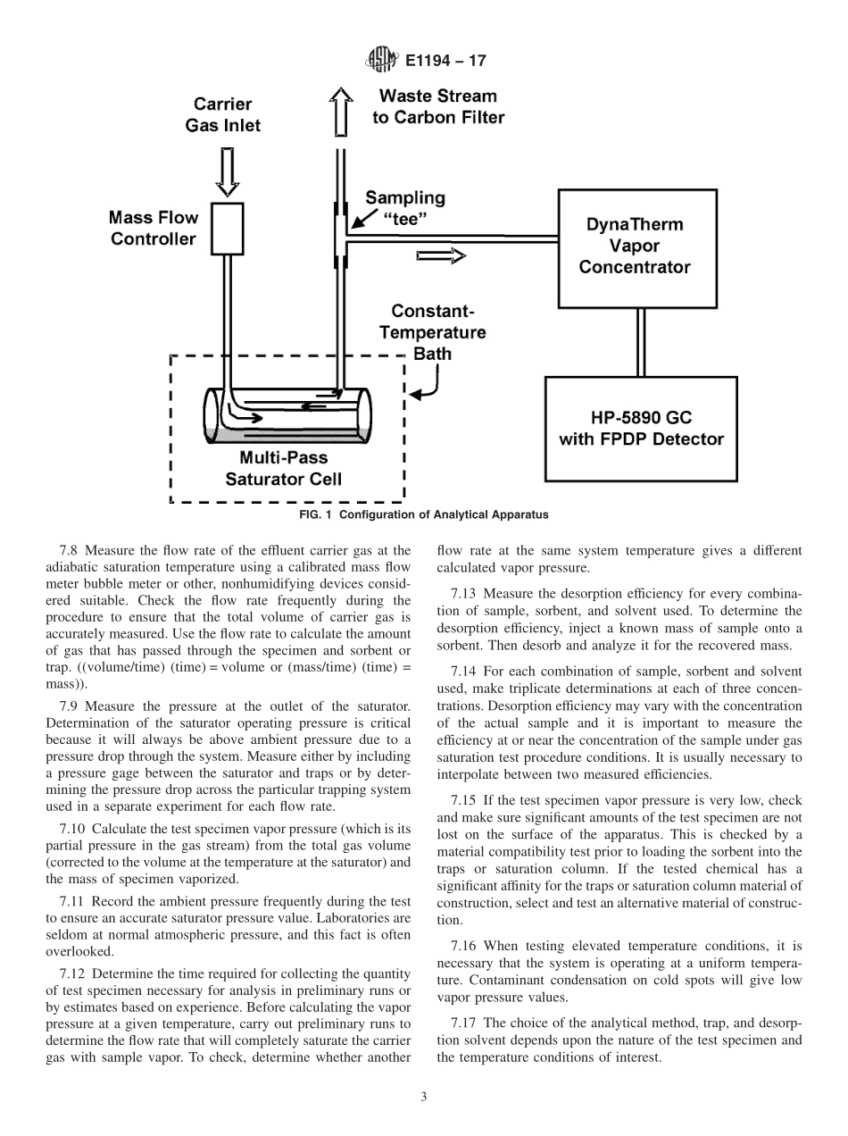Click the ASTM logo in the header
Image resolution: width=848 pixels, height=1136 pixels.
pos(381,61)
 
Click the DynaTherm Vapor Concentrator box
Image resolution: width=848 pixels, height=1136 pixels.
pos(637,247)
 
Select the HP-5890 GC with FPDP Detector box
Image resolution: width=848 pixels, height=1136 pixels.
pos(641,428)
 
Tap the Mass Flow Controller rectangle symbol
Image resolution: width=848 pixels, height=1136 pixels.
pos(228,229)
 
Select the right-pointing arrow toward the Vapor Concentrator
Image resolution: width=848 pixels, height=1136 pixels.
pos(441,256)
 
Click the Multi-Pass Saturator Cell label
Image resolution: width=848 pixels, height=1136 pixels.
pos(283,469)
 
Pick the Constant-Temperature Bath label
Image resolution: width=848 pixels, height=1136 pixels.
pos(433,332)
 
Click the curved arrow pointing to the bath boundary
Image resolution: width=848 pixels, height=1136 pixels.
pos(426,384)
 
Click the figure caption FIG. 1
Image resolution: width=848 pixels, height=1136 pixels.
pos(422,514)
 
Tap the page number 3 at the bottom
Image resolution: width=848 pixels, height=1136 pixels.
pos(423,1098)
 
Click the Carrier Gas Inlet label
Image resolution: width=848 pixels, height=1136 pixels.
pos(223,115)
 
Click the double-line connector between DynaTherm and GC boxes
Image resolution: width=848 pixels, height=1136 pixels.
pos(639,342)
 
